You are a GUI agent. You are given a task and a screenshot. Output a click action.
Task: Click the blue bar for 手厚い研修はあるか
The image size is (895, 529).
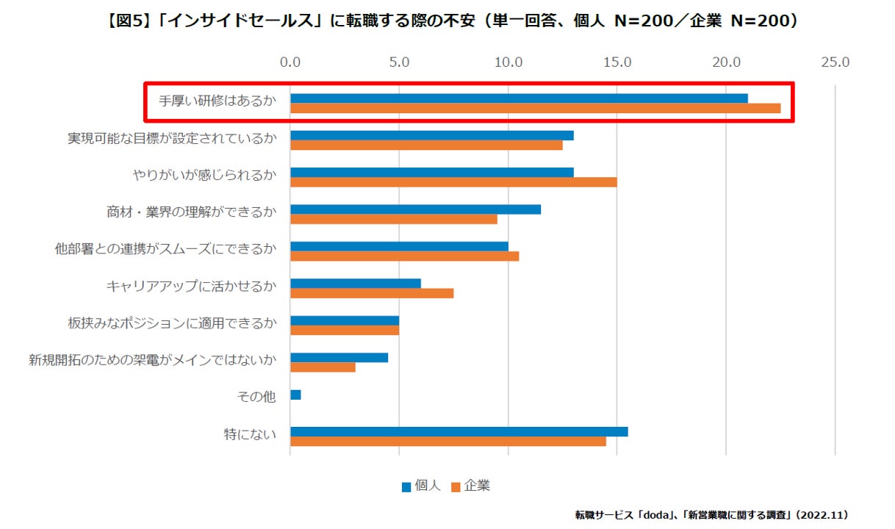[519, 98]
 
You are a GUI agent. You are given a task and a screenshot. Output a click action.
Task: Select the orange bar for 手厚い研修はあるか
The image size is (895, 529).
[535, 109]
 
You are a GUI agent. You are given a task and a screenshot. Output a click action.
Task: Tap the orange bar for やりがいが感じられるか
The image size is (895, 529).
[453, 182]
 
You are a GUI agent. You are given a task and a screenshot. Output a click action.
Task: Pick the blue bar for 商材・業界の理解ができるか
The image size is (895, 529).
[415, 209]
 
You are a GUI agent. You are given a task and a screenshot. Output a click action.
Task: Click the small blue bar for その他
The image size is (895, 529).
[295, 395]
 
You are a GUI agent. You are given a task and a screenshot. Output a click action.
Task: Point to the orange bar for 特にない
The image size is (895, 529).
[448, 441]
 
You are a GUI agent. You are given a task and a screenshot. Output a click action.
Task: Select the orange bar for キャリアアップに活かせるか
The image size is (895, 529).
[372, 293]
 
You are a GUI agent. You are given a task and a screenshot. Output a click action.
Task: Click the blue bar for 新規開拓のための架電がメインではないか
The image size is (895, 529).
[339, 358]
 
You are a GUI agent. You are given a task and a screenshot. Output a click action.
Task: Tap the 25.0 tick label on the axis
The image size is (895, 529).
[835, 62]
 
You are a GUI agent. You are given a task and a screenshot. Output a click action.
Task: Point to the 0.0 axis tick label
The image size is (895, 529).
[291, 62]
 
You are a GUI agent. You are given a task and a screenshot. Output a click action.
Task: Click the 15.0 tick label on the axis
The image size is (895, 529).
[617, 62]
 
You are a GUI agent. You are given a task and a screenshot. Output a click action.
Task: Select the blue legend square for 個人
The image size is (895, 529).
[406, 486]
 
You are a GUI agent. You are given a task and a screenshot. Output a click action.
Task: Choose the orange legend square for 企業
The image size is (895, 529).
[455, 486]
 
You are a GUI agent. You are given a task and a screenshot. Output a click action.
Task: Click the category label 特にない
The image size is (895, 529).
[250, 435]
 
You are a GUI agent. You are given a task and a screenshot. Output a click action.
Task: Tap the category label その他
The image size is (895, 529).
[256, 397]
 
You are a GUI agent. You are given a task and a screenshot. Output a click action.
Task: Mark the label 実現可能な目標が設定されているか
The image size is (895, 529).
[172, 138]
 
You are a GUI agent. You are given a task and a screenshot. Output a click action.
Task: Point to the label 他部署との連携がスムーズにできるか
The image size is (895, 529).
[165, 249]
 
